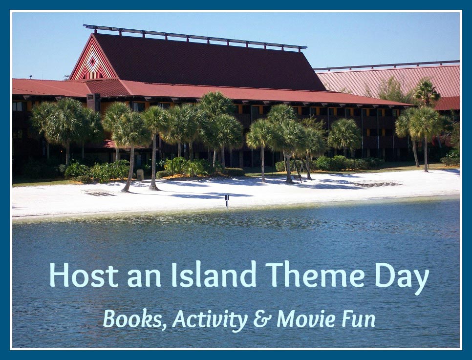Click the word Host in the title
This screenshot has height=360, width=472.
click(84, 275)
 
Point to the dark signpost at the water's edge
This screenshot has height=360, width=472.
click(227, 199)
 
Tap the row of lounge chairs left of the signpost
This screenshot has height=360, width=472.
click(98, 192)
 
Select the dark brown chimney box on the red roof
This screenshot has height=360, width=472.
click(93, 102)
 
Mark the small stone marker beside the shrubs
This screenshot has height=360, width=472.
click(140, 174)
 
